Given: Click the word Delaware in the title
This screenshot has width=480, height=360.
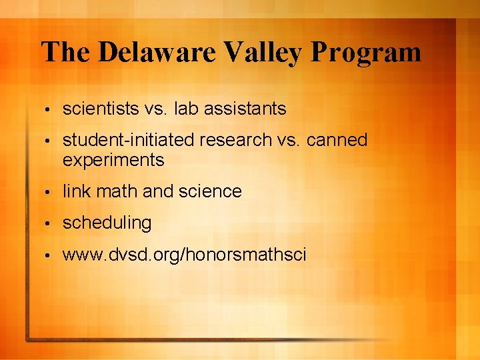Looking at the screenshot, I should point(147,52).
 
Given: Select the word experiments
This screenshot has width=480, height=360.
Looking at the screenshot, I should point(113,160).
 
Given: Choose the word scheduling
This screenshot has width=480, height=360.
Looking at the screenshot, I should point(107,223).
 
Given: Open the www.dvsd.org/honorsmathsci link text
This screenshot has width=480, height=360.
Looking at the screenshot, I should point(184,254).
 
